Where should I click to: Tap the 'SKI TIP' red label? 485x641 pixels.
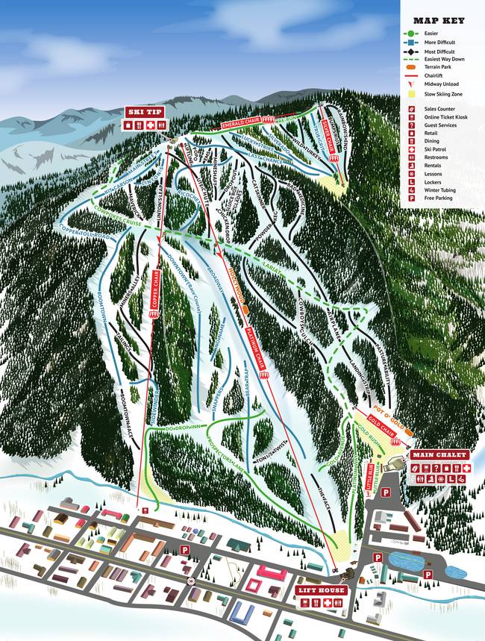click(x=144, y=112)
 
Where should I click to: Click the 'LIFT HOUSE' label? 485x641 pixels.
click(x=321, y=590)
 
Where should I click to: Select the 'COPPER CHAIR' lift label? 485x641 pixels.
click(x=156, y=289)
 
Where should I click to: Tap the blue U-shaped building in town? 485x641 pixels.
click(x=242, y=613)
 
